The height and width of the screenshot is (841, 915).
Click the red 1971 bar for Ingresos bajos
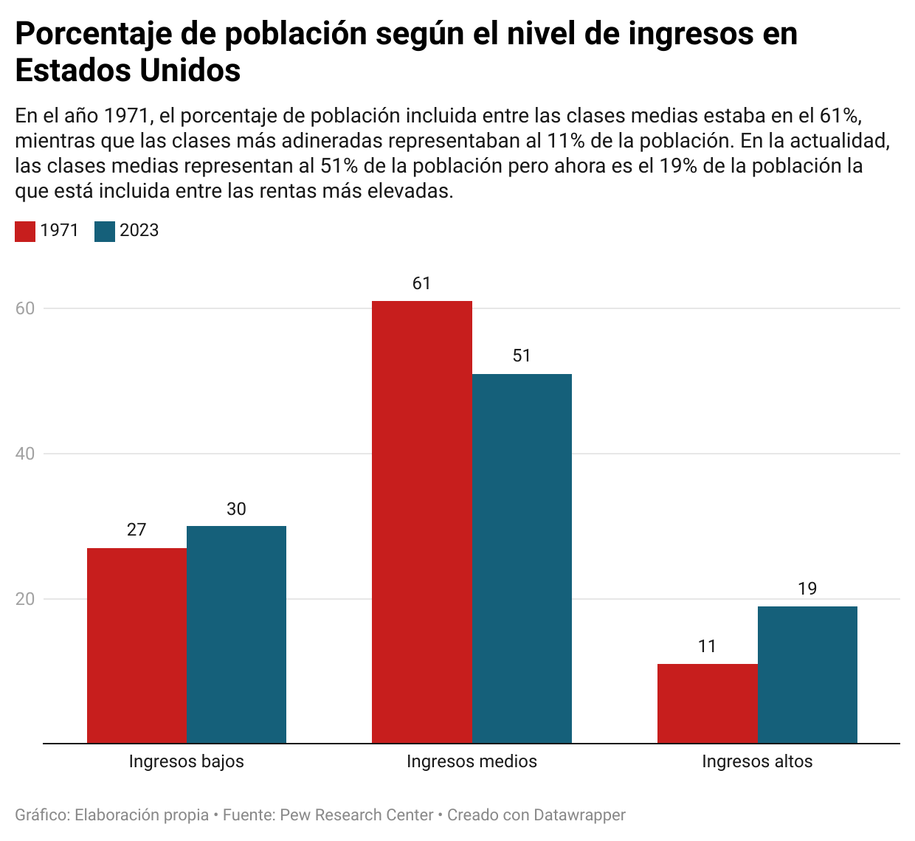coord(137,646)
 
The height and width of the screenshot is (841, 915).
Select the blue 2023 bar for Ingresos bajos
coord(236,634)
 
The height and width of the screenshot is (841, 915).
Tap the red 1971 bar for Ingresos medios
coord(421,522)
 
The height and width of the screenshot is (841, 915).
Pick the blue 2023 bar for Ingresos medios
coord(522,558)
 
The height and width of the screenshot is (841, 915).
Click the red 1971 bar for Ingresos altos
coord(707,703)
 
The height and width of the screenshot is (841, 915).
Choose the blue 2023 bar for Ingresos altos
coord(807,674)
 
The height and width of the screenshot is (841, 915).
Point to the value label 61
coord(421,284)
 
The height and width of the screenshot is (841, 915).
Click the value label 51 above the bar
coord(522,356)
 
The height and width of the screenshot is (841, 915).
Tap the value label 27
coord(137,530)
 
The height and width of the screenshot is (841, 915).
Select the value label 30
coord(236,509)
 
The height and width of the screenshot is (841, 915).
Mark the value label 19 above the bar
coord(807,589)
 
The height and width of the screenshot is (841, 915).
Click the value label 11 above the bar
coord(707,647)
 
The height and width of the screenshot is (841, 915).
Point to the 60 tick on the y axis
coord(25,308)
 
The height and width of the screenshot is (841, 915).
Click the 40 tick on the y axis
coord(25,454)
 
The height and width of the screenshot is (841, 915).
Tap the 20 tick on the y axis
coord(25,599)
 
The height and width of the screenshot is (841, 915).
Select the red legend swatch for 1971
coord(25,232)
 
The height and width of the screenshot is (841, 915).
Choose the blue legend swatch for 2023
coord(105,232)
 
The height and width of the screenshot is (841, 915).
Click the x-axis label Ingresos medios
coord(472,761)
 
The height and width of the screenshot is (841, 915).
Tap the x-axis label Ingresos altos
coord(757,761)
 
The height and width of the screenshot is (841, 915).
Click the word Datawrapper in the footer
coord(579,815)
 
